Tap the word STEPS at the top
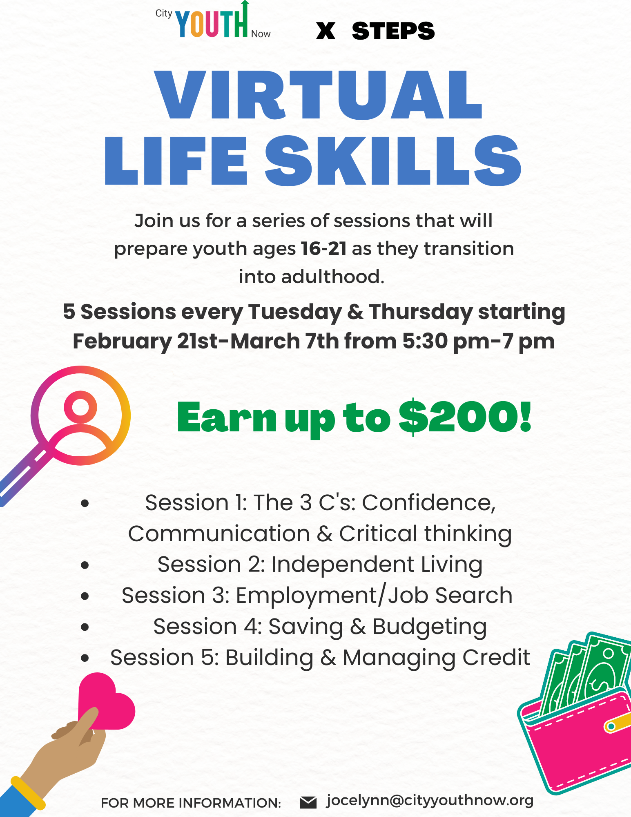click(x=393, y=31)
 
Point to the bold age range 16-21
click(x=323, y=248)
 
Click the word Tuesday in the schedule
click(x=295, y=312)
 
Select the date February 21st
click(x=145, y=341)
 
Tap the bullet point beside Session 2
click(x=85, y=565)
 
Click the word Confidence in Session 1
click(x=428, y=502)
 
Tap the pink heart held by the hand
click(x=106, y=701)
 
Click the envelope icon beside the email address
click(x=308, y=802)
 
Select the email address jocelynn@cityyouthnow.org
click(x=430, y=801)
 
